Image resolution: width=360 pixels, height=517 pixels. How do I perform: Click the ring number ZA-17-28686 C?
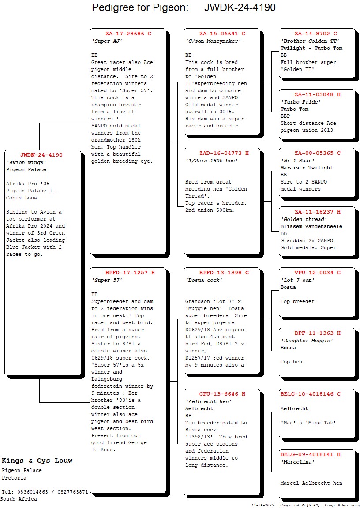[128, 34]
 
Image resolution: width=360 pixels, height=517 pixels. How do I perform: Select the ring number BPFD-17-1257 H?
[130, 273]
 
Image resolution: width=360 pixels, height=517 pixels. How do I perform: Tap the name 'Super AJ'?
[107, 41]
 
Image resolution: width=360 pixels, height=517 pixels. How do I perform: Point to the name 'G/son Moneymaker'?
[213, 41]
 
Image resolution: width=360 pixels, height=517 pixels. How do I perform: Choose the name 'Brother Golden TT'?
[310, 41]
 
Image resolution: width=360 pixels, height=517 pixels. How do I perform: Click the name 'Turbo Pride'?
[301, 102]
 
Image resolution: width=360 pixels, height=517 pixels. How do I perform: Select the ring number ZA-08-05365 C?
[317, 153]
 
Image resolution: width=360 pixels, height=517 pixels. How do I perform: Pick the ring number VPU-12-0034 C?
[317, 273]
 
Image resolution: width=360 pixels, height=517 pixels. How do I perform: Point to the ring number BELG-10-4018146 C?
[317, 394]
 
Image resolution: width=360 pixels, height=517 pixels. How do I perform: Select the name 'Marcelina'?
[297, 462]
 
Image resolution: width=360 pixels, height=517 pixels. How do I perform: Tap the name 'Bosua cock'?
[204, 280]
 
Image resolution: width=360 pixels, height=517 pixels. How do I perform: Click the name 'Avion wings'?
[26, 162]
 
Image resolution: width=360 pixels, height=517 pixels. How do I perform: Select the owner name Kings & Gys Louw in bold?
[37, 461]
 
